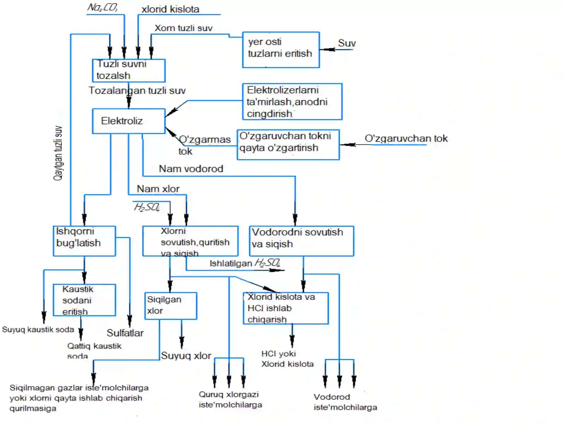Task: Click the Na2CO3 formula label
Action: point(102,7)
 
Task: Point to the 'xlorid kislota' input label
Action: point(170,9)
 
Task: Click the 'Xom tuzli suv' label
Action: point(183,28)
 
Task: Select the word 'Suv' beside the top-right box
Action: point(347,43)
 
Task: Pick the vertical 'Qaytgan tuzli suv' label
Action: point(58,153)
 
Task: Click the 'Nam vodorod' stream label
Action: point(191,169)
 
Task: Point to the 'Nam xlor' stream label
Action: point(158,189)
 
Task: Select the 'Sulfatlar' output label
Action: point(125,333)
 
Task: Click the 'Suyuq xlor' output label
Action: point(186,356)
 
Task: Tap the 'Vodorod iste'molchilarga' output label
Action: point(345,402)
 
